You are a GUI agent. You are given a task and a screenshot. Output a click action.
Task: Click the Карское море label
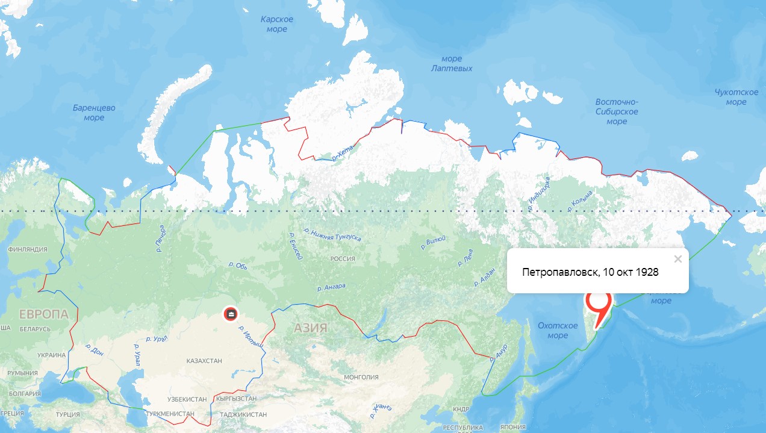pyautogui.click(x=277, y=24)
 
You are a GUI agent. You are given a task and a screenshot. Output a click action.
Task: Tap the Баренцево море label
pyautogui.click(x=94, y=113)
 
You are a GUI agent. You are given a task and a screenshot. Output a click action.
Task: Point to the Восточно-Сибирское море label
pyautogui.click(x=617, y=111)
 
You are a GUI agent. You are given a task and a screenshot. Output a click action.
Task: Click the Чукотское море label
pyautogui.click(x=736, y=97)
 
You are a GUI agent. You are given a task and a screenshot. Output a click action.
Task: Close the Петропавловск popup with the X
pyautogui.click(x=678, y=259)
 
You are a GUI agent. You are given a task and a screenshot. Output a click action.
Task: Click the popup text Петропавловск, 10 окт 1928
pyautogui.click(x=590, y=272)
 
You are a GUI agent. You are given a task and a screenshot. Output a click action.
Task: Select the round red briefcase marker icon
pyautogui.click(x=231, y=314)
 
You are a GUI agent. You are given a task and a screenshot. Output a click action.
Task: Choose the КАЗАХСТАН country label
pyautogui.click(x=204, y=361)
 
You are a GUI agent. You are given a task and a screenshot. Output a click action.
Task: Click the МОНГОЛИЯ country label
pyautogui.click(x=361, y=377)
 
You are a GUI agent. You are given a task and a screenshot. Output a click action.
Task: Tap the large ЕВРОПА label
pyautogui.click(x=43, y=314)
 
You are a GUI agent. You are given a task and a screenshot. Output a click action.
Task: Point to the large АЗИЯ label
pyautogui.click(x=311, y=328)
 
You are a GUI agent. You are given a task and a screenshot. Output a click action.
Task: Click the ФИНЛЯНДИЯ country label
pyautogui.click(x=27, y=249)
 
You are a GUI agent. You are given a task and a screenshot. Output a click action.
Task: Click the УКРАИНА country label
pyautogui.click(x=51, y=355)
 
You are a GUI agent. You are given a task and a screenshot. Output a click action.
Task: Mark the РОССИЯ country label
pyautogui.click(x=343, y=258)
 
